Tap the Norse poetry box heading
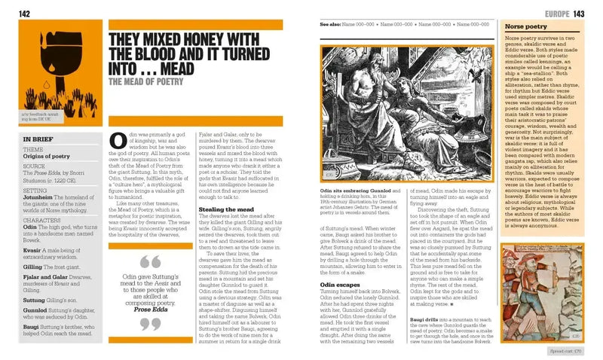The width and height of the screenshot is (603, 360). tap(526, 26)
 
